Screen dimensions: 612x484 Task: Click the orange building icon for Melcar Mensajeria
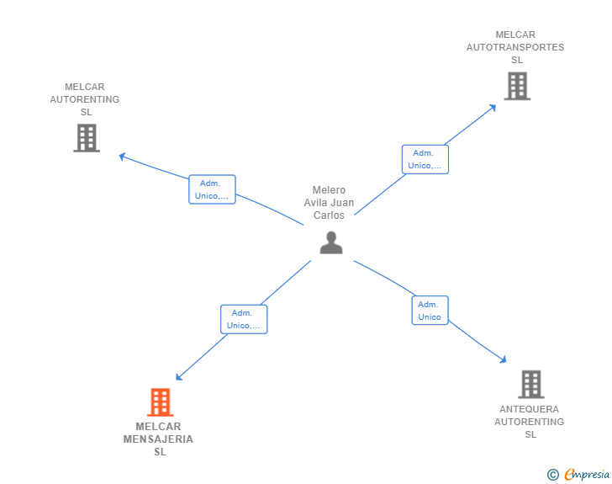(160, 402)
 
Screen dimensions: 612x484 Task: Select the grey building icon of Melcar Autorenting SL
(87, 138)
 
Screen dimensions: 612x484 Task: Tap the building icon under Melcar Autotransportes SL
(517, 86)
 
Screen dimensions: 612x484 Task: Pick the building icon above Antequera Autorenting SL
(531, 385)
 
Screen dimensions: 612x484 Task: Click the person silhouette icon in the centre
(331, 242)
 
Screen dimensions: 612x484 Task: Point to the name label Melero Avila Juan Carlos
(329, 203)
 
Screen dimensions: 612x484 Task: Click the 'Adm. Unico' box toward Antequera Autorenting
(430, 311)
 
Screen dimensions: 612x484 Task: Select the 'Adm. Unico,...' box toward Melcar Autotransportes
(425, 159)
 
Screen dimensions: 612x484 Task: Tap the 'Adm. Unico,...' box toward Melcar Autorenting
(212, 189)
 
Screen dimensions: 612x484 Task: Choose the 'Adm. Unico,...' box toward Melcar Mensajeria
(244, 319)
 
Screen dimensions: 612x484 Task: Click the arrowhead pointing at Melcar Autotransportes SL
(493, 108)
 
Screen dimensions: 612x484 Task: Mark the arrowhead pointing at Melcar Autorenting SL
(123, 157)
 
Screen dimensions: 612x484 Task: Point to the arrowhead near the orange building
(179, 377)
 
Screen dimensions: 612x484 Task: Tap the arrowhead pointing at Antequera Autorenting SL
(503, 359)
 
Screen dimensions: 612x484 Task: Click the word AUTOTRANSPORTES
(515, 47)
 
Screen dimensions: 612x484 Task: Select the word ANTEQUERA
(530, 409)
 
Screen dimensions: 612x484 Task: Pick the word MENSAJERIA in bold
(158, 439)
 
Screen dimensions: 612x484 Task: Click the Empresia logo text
(587, 474)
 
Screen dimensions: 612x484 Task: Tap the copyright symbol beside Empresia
(553, 475)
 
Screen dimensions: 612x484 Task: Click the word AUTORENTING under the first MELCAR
(85, 99)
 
